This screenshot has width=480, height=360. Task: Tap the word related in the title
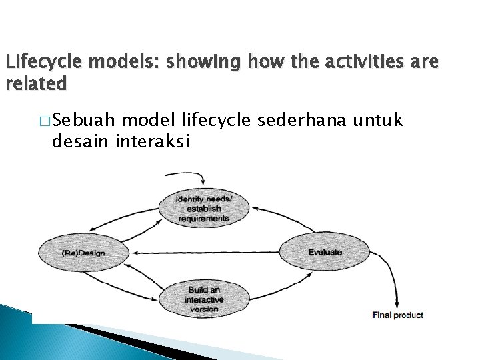[x=36, y=84]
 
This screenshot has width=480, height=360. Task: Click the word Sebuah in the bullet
[x=85, y=121]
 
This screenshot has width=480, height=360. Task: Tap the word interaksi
[x=153, y=141]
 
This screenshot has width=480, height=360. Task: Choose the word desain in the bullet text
[x=81, y=141]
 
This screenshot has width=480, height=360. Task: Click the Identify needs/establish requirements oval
[x=203, y=209]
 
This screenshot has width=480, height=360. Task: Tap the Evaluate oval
[x=325, y=252]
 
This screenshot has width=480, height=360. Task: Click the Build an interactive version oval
[x=203, y=299]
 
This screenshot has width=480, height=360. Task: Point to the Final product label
[x=397, y=315]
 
